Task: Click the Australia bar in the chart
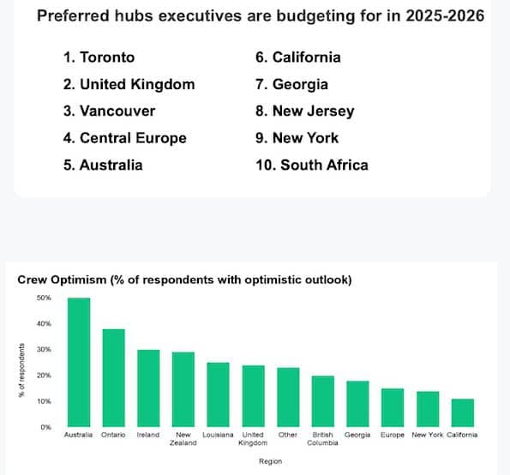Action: click(x=79, y=362)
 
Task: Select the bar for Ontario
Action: click(x=113, y=378)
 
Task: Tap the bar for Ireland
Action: click(x=148, y=388)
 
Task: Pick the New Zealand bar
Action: click(x=183, y=389)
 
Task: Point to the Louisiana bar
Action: click(x=218, y=394)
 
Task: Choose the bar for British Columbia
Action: click(x=322, y=401)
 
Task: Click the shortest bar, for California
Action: click(x=463, y=412)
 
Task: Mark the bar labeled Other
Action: click(x=288, y=397)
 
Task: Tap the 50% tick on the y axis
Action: click(x=44, y=298)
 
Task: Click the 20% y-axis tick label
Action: click(x=44, y=376)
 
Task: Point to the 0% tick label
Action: click(x=46, y=427)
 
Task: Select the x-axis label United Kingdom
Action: click(x=253, y=439)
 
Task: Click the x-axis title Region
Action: click(x=270, y=461)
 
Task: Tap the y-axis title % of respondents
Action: click(x=21, y=370)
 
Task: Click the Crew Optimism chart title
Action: click(x=184, y=280)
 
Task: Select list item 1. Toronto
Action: click(x=99, y=57)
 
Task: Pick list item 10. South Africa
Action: click(x=312, y=165)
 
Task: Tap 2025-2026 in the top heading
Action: click(x=445, y=15)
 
